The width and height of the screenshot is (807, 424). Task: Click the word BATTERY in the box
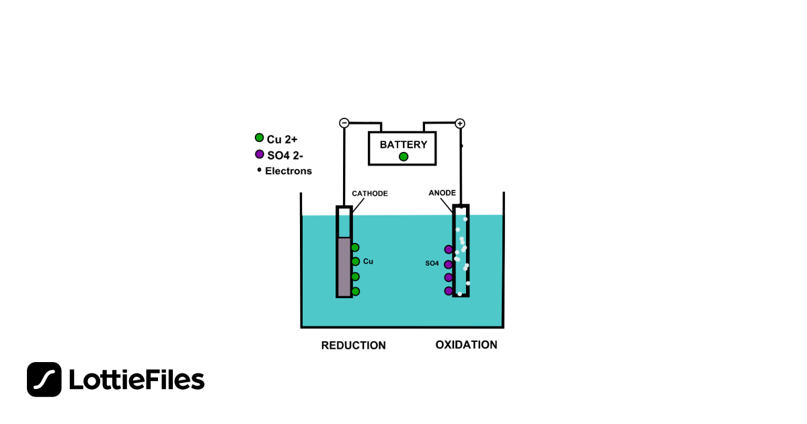coord(403,144)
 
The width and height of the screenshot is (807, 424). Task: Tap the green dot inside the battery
coord(403,157)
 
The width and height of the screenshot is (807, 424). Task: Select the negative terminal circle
coord(344,123)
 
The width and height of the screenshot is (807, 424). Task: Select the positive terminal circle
coord(460,123)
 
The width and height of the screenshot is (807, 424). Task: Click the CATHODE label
coord(370,194)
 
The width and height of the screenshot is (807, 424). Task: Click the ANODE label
coord(442,193)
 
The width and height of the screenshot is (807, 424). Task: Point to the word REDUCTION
coord(353,345)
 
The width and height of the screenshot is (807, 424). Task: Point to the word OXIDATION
coord(466,345)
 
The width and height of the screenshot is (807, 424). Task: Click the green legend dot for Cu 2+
coord(259,138)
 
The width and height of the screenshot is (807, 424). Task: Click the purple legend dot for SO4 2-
coord(259,154)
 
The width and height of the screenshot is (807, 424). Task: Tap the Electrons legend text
coord(288,171)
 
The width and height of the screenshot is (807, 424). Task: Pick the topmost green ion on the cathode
coord(355,248)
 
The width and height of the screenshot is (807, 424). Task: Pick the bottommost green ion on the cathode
coord(355,291)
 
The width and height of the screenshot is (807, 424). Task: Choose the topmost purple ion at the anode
coord(449,250)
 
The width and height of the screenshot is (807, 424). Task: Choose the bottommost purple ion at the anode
coord(449,291)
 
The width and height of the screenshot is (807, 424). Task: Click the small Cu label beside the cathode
coord(368,261)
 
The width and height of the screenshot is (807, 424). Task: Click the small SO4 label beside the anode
coord(432,263)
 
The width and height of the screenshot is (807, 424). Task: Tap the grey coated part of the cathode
coord(344,267)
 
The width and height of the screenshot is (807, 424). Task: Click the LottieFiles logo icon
coord(44,380)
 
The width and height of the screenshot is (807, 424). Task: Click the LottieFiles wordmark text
coord(137,380)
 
